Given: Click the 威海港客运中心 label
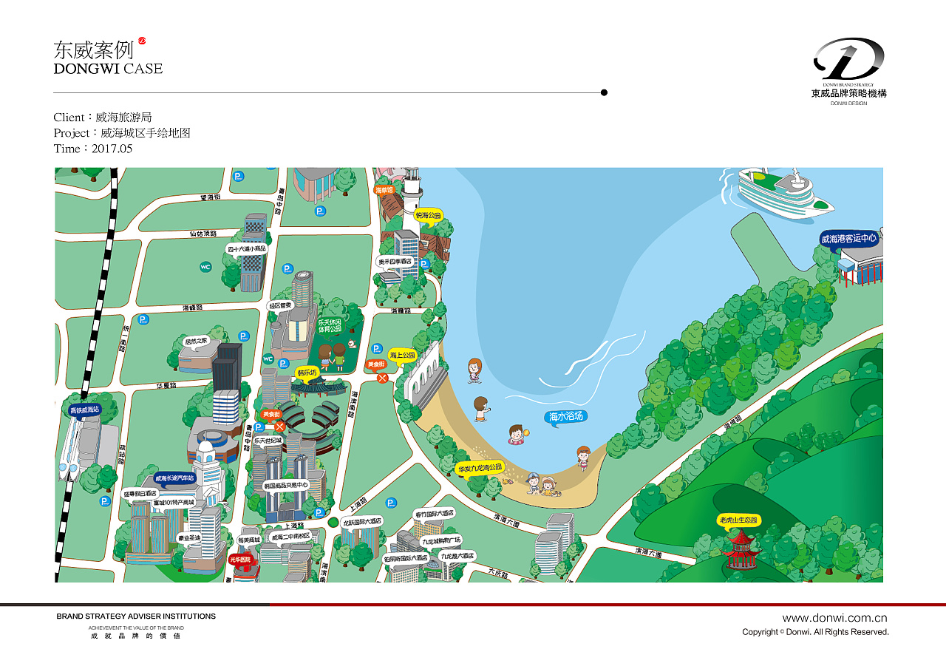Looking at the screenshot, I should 848,239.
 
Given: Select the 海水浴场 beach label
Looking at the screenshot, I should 566,417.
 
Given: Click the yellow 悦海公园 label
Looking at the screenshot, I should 428,216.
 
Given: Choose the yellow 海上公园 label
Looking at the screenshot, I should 403,355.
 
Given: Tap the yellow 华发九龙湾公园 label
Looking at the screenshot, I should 480,468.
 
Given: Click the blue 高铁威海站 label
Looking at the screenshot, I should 84,410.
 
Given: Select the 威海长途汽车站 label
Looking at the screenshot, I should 174,478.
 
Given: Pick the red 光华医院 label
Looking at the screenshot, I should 239,560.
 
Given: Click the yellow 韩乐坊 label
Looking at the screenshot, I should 306,373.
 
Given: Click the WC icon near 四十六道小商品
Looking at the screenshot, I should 205,267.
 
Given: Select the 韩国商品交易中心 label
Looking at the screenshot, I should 285,486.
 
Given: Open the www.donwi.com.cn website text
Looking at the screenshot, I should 834,618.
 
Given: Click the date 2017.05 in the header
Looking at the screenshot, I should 112,149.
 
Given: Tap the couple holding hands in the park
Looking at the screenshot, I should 332,356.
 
